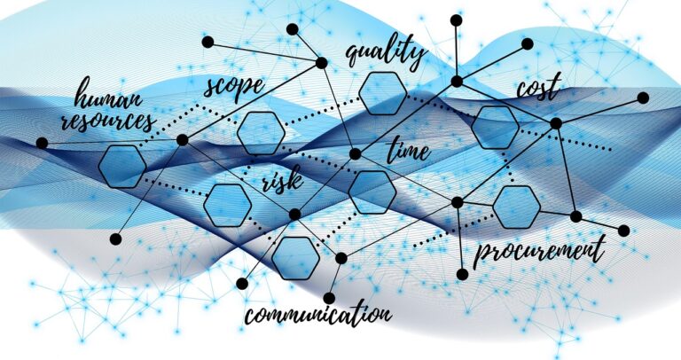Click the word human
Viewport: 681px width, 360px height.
coord(108,94)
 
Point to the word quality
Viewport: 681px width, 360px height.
coord(386,53)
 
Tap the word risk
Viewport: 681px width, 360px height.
coord(282,180)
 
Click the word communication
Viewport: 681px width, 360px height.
coord(317,314)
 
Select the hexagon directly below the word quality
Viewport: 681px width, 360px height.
coord(383,93)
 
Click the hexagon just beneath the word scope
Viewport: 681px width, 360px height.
coord(261,133)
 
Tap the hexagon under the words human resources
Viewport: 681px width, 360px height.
coord(122,167)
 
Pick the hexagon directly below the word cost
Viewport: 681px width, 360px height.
coord(495,128)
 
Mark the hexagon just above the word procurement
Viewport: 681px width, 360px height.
coord(516,207)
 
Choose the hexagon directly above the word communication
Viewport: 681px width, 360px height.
coord(296,258)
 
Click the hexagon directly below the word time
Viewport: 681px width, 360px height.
coord(372,192)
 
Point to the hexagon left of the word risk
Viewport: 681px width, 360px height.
coord(228,206)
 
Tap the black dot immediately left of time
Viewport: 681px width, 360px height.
coord(356,153)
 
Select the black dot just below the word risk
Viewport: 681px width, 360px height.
coord(294,214)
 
